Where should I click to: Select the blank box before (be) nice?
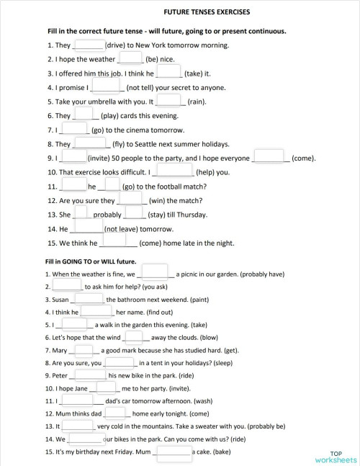pos(130,58)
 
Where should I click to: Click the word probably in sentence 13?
pos(107,215)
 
